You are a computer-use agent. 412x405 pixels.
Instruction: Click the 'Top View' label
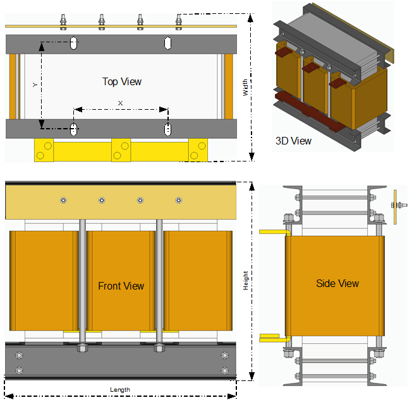[122, 82]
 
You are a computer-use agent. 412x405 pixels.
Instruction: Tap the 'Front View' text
[121, 286]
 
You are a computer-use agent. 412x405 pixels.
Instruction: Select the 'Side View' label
[337, 284]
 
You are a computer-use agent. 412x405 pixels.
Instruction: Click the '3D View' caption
[294, 141]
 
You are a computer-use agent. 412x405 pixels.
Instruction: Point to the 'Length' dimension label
[119, 390]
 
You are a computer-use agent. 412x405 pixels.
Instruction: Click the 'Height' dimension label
[246, 281]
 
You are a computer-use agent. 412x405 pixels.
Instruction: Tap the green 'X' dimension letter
[121, 102]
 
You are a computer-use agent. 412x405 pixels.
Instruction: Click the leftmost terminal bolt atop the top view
[63, 21]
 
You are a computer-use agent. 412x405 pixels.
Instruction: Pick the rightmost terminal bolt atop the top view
[179, 21]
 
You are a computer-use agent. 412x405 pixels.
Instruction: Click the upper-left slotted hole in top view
[74, 44]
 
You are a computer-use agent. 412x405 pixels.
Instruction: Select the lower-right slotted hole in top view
[167, 129]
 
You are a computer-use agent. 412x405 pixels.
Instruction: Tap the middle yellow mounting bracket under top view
[120, 150]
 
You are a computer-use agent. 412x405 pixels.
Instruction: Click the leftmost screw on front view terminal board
[63, 201]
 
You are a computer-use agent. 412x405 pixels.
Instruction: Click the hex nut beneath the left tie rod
[82, 348]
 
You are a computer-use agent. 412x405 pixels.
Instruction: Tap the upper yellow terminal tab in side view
[273, 232]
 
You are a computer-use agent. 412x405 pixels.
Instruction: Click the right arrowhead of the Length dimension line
[234, 396]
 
